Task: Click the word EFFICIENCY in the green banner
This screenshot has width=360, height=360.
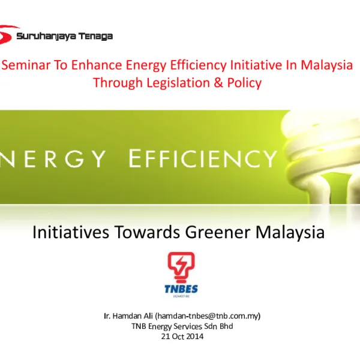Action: (202, 160)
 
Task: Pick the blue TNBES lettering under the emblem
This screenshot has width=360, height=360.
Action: (181, 289)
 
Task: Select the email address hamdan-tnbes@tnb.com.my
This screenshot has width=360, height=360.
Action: (208, 316)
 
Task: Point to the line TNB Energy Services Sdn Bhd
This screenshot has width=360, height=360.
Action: (182, 326)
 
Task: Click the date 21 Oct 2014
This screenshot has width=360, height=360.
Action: (182, 337)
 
